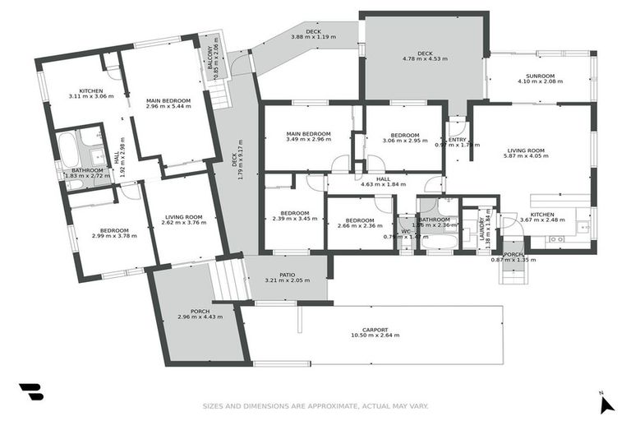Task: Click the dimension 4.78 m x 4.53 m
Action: (425, 60)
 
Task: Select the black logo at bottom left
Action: (31, 392)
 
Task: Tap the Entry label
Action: (456, 139)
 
